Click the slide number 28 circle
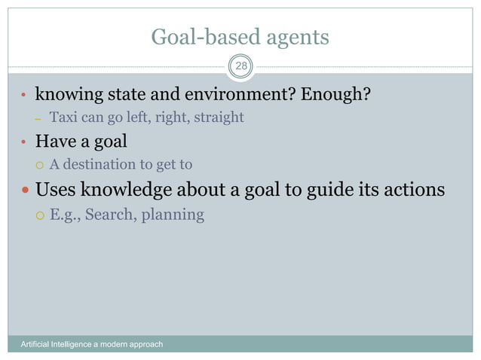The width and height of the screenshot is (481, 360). [240, 67]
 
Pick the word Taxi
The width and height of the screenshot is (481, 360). [63, 117]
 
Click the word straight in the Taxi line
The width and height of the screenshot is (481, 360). [218, 117]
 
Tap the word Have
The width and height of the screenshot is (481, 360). [55, 142]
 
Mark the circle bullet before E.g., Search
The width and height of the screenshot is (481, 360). [40, 215]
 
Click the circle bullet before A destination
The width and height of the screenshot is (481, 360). [40, 164]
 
